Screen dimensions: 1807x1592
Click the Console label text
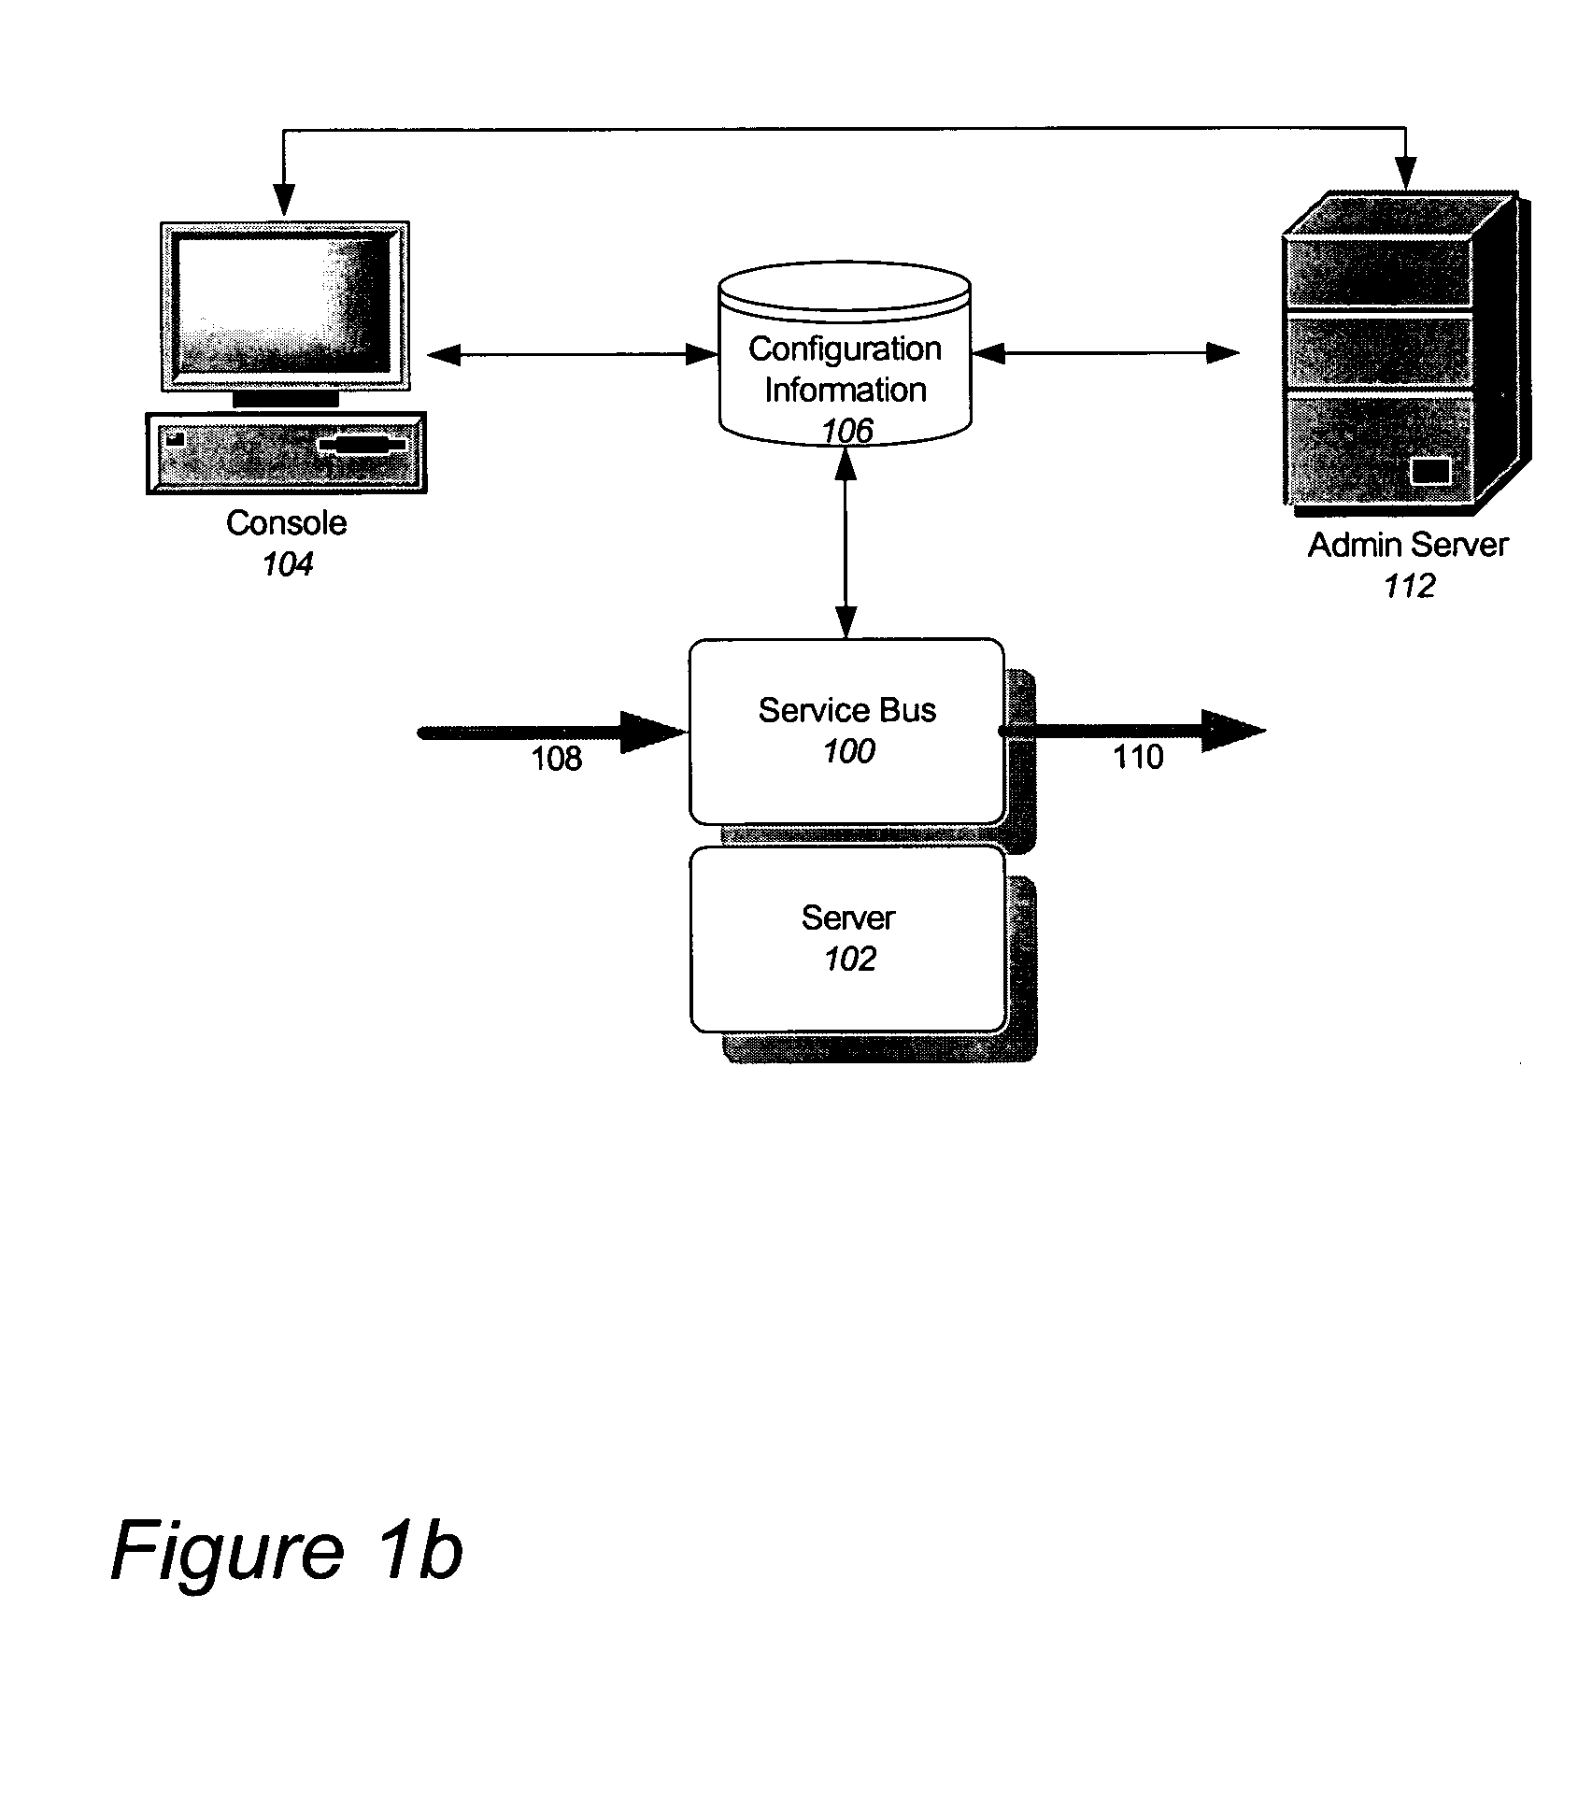tap(286, 522)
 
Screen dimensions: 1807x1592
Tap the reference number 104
tap(287, 564)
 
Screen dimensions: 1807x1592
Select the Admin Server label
tap(1407, 545)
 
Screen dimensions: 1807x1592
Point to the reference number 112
tap(1408, 587)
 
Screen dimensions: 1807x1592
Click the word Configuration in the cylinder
tap(845, 349)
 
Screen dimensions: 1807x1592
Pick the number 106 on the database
tap(846, 431)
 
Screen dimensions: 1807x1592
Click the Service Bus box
tap(846, 731)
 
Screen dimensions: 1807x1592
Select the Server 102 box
tap(848, 938)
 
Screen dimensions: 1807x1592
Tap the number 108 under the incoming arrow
tap(557, 759)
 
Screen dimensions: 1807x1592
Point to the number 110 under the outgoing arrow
tap(1138, 757)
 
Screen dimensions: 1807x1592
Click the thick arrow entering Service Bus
tap(551, 733)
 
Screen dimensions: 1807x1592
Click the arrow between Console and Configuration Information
tap(572, 354)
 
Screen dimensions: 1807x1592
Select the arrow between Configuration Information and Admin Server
tap(1105, 353)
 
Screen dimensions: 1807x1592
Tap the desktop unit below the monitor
tap(286, 453)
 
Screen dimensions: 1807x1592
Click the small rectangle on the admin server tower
tap(1429, 471)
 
